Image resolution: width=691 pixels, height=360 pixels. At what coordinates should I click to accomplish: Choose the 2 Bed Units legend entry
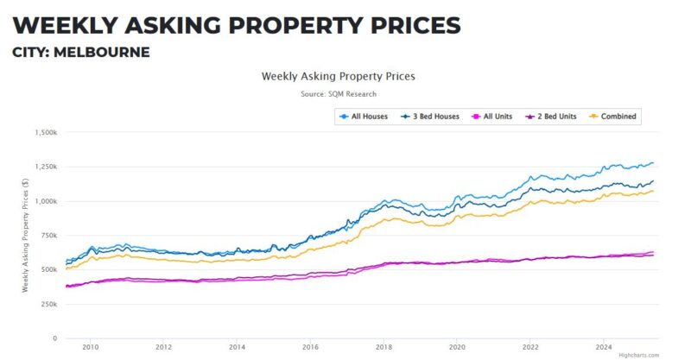[x=554, y=116]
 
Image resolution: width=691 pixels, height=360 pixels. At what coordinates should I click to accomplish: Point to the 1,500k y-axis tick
[x=44, y=133]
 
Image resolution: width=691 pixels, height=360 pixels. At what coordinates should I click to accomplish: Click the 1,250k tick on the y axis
[x=44, y=167]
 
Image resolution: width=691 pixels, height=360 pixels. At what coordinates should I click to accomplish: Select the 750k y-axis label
[x=48, y=236]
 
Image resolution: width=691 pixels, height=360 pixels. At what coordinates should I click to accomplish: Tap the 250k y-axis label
[x=48, y=304]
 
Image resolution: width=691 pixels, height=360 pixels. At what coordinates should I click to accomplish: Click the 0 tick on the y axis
[x=54, y=338]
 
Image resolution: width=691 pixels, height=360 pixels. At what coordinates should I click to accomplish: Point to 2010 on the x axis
[x=91, y=347]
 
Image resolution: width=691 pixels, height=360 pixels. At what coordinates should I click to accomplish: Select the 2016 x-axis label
[x=310, y=347]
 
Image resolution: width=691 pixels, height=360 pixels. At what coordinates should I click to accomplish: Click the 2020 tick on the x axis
[x=457, y=347]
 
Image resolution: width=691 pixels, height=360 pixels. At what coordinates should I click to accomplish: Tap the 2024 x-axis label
[x=604, y=347]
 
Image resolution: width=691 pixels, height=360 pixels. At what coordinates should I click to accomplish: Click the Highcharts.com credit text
[x=639, y=355]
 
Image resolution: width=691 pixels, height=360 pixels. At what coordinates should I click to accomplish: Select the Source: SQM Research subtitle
[x=339, y=93]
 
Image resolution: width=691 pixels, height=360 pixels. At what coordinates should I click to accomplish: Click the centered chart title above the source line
[x=339, y=76]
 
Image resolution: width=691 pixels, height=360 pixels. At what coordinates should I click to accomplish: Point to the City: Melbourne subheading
[x=81, y=52]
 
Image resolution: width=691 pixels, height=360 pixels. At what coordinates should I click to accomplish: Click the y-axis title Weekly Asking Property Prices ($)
[x=26, y=236]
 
